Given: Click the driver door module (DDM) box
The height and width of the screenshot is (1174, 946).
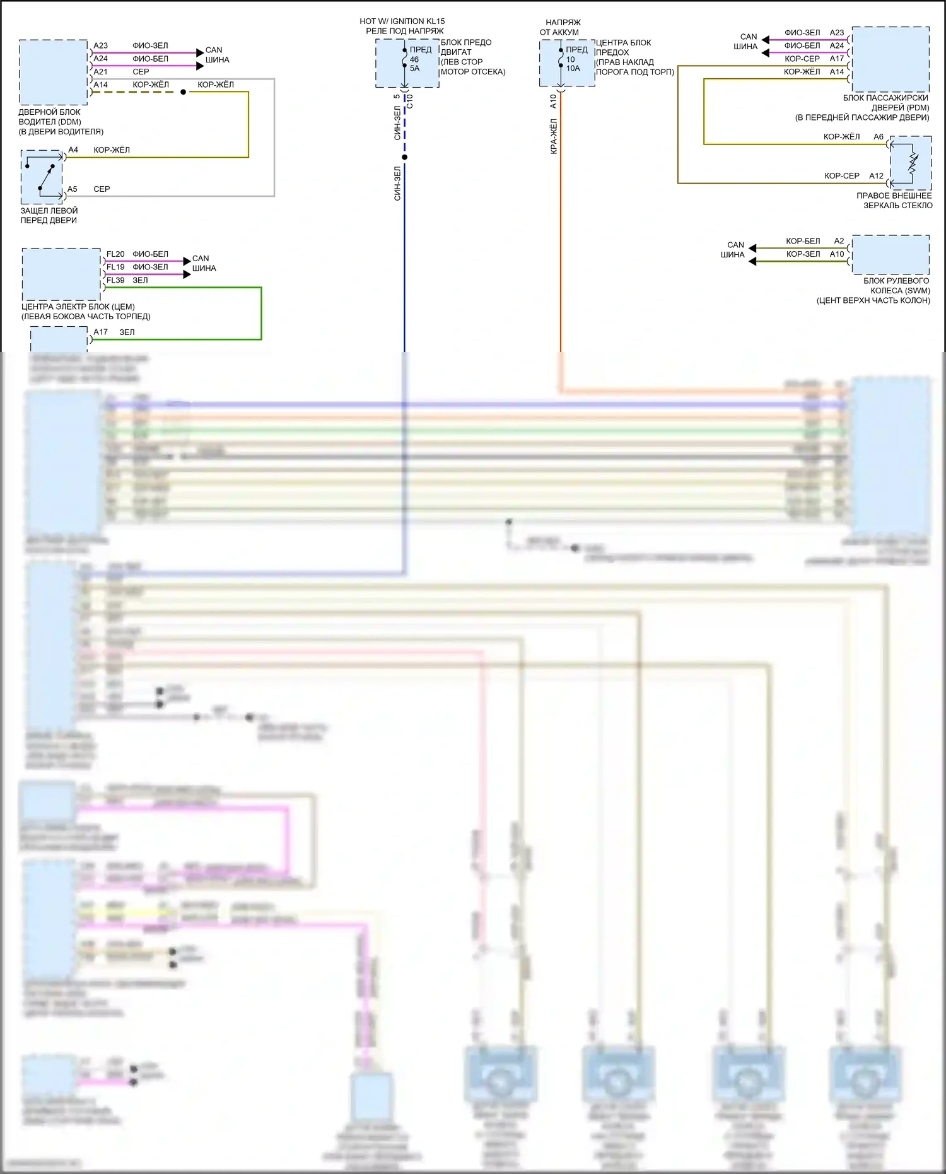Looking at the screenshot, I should pos(54,72).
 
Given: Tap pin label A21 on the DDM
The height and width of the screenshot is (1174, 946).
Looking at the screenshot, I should pos(100,72).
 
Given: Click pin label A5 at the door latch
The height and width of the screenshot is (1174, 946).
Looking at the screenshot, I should pos(73,189).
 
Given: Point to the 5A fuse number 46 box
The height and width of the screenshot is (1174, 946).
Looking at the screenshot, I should pos(407,63).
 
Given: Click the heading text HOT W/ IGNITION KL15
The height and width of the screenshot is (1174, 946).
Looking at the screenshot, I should pos(402,21).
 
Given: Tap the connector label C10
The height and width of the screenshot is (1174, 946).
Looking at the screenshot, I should pos(410,102).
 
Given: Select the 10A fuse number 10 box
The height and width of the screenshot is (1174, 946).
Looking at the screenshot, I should pos(566,63).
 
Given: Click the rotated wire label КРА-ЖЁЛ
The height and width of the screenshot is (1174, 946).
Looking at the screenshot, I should pos(554,137).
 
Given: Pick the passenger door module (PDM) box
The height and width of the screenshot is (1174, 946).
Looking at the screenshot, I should pos(890,59).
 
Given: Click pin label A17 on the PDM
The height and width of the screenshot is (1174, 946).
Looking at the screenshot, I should pos(837,59).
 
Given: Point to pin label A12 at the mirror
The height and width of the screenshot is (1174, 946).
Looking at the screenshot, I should pos(876,176).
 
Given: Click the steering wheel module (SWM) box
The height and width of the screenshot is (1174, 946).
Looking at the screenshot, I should pos(890,254).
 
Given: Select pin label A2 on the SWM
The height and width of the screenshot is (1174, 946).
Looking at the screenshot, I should pos(839,241).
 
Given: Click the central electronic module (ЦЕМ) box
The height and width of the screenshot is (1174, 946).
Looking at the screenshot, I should pos(61,274).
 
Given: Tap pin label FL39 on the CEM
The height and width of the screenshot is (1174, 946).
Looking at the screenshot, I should pos(115,280).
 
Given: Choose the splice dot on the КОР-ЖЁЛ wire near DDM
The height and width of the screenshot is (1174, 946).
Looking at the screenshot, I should pos(183,92).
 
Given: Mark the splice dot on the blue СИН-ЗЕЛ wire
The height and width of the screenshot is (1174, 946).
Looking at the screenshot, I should pos(405,157).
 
